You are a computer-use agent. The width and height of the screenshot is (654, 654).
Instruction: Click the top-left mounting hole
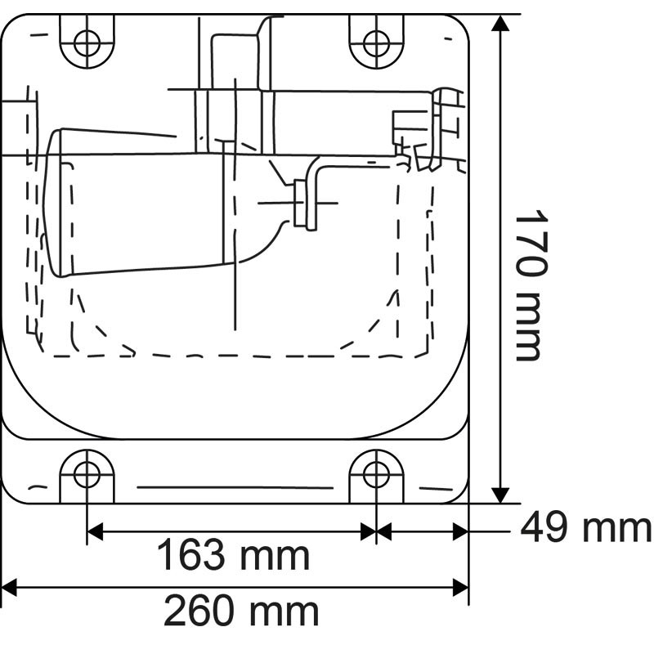(87, 40)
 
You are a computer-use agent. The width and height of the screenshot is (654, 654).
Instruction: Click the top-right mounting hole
(375, 40)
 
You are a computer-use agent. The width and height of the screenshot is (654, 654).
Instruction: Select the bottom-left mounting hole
(87, 473)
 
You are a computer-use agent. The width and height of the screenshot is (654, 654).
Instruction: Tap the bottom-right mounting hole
(375, 473)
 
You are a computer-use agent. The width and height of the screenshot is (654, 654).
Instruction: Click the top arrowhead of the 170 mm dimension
(501, 23)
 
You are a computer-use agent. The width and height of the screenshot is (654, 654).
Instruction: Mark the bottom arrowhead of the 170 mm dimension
(501, 494)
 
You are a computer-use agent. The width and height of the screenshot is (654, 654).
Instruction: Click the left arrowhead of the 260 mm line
(10, 585)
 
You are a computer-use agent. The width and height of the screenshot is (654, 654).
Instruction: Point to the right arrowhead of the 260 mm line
(461, 585)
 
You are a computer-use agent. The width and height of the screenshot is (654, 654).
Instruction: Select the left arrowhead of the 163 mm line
(95, 531)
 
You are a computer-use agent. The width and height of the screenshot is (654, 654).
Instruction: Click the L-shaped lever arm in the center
(316, 192)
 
